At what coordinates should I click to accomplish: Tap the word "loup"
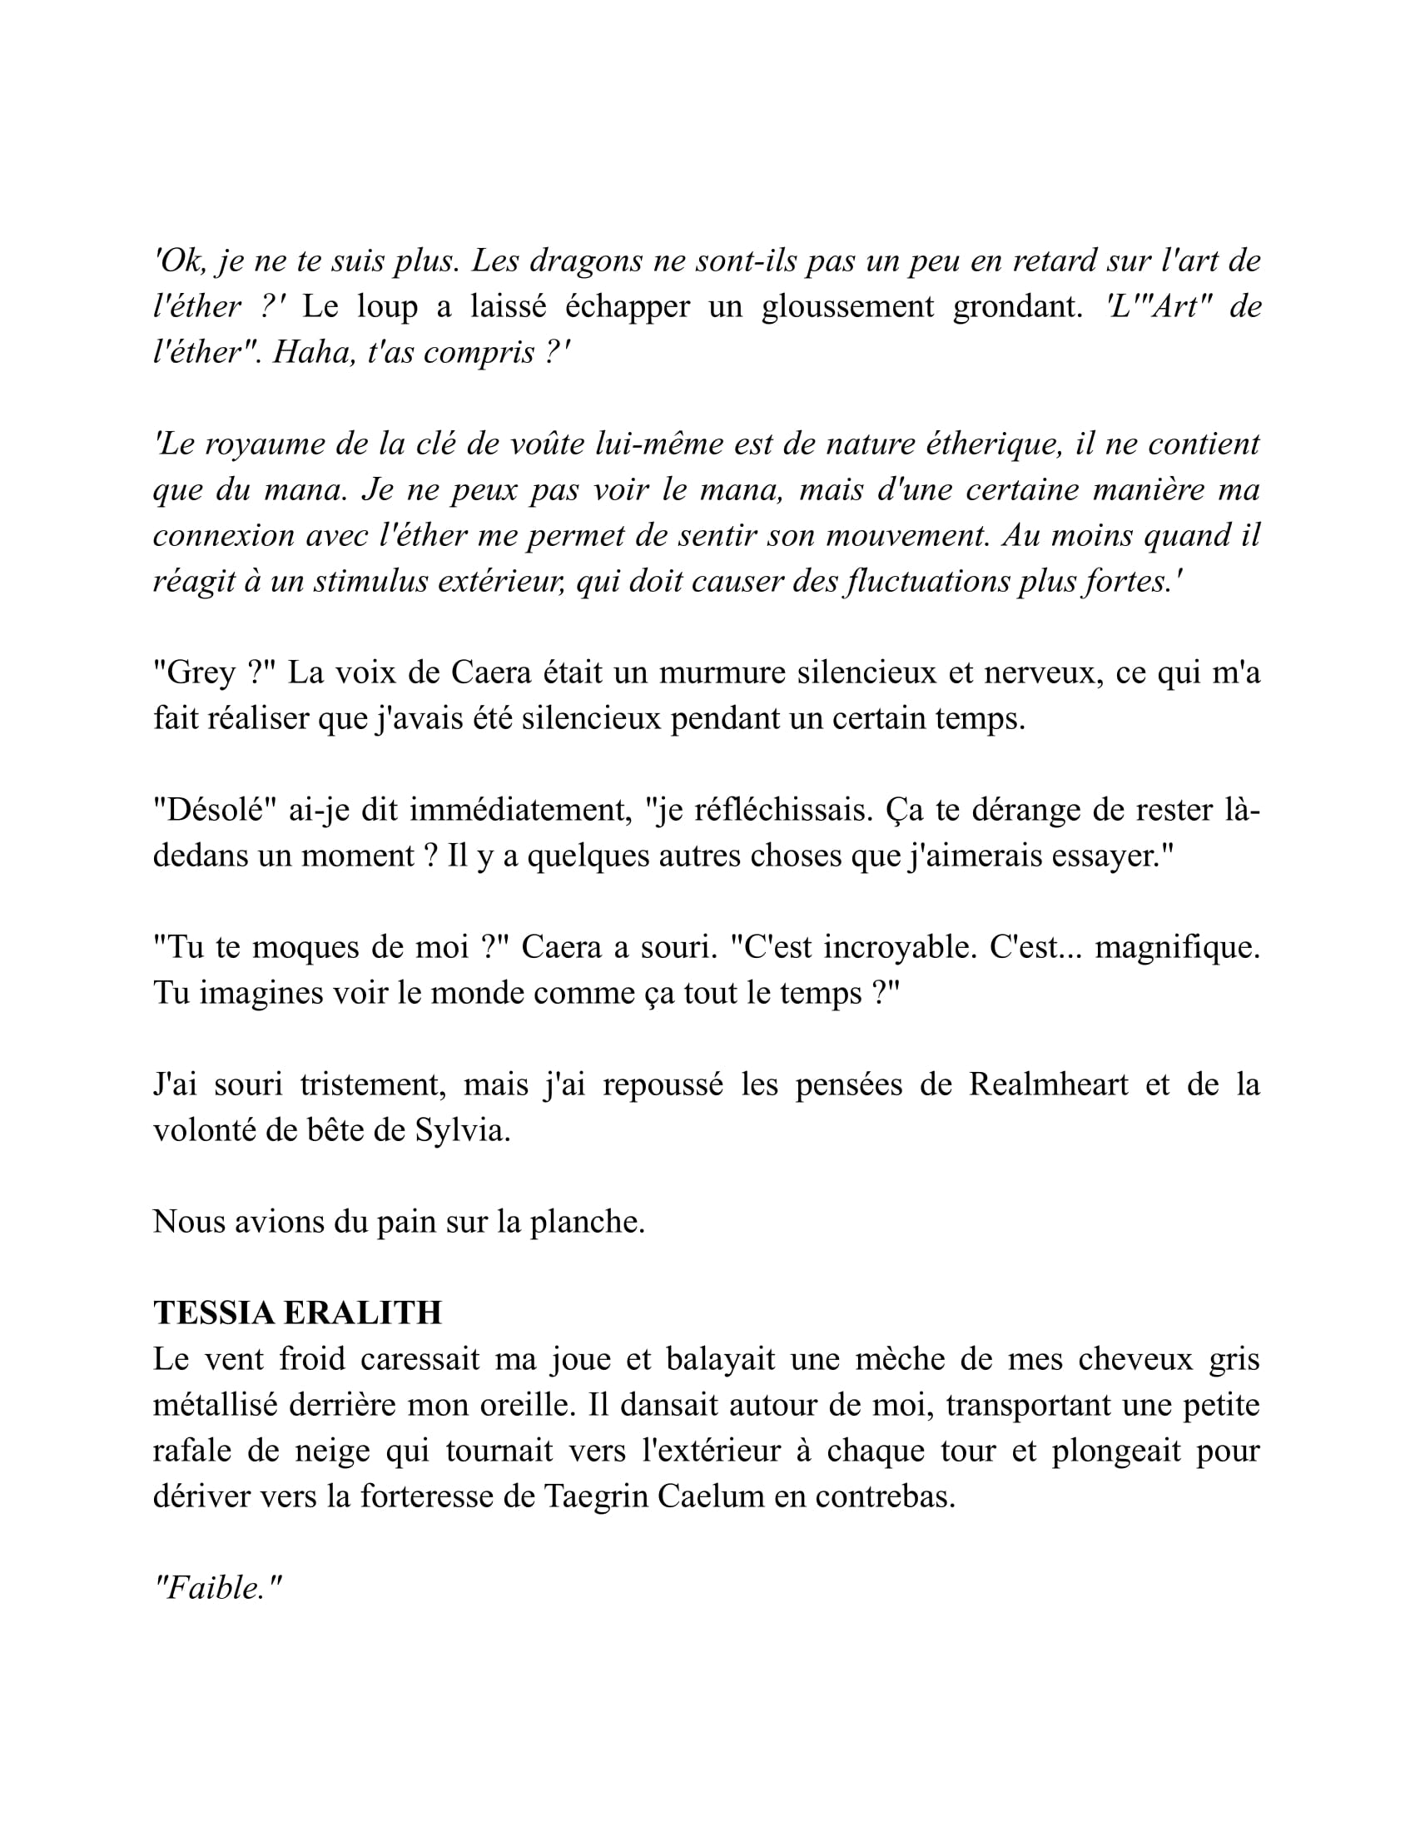coord(386,307)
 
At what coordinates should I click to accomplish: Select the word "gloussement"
coord(847,307)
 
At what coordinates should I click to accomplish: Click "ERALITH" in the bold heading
coord(363,1312)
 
